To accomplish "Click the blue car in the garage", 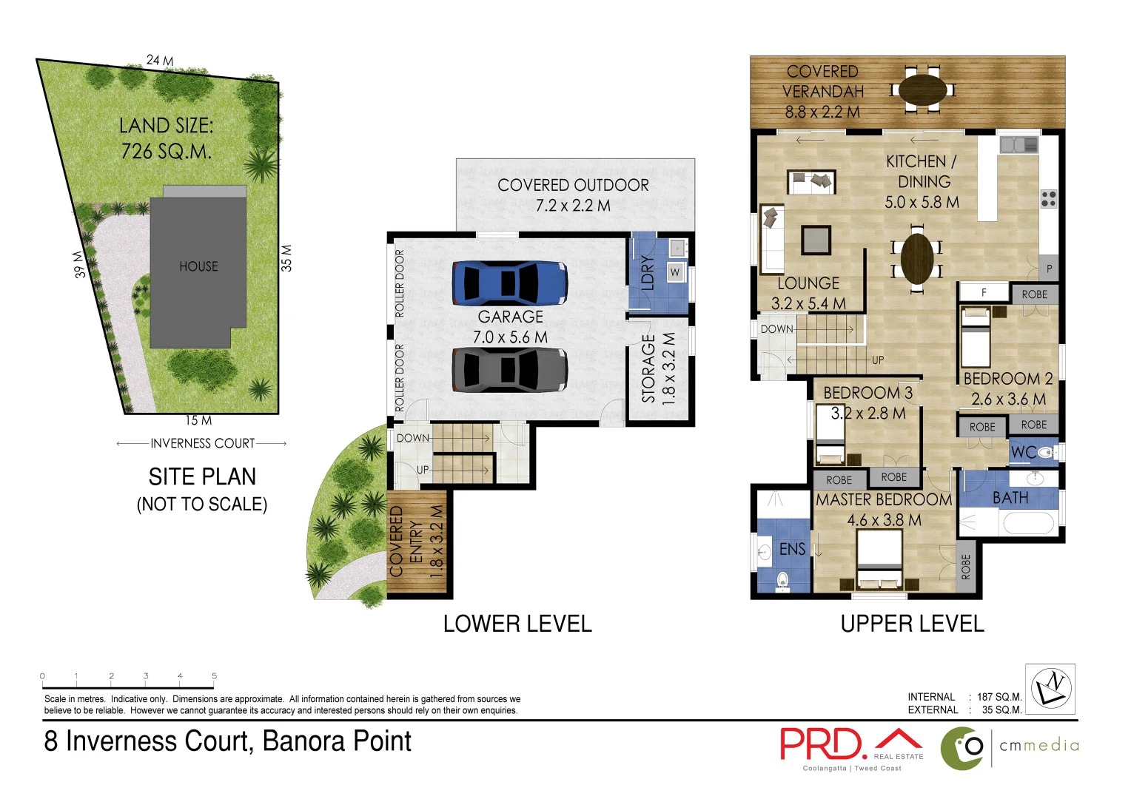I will click(x=509, y=283).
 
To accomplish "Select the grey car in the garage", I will click(x=509, y=369).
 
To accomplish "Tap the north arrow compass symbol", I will click(x=1050, y=689).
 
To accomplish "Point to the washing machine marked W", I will click(x=675, y=272).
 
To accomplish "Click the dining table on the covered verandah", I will click(x=922, y=90).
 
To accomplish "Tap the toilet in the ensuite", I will click(x=782, y=581).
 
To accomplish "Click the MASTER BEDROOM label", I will click(x=884, y=500).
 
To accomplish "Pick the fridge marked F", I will click(x=984, y=293).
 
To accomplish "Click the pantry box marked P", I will click(x=1049, y=269).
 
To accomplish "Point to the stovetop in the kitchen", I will click(x=1048, y=198).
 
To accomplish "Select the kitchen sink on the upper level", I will click(x=1018, y=144).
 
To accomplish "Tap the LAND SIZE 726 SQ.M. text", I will click(x=166, y=138).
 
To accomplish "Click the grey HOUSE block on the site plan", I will click(x=198, y=274).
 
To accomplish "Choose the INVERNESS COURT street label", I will click(x=202, y=443).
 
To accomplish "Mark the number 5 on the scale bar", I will click(x=214, y=675).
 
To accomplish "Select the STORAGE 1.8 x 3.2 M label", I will click(x=658, y=368).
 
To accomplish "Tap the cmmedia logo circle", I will click(x=962, y=748).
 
